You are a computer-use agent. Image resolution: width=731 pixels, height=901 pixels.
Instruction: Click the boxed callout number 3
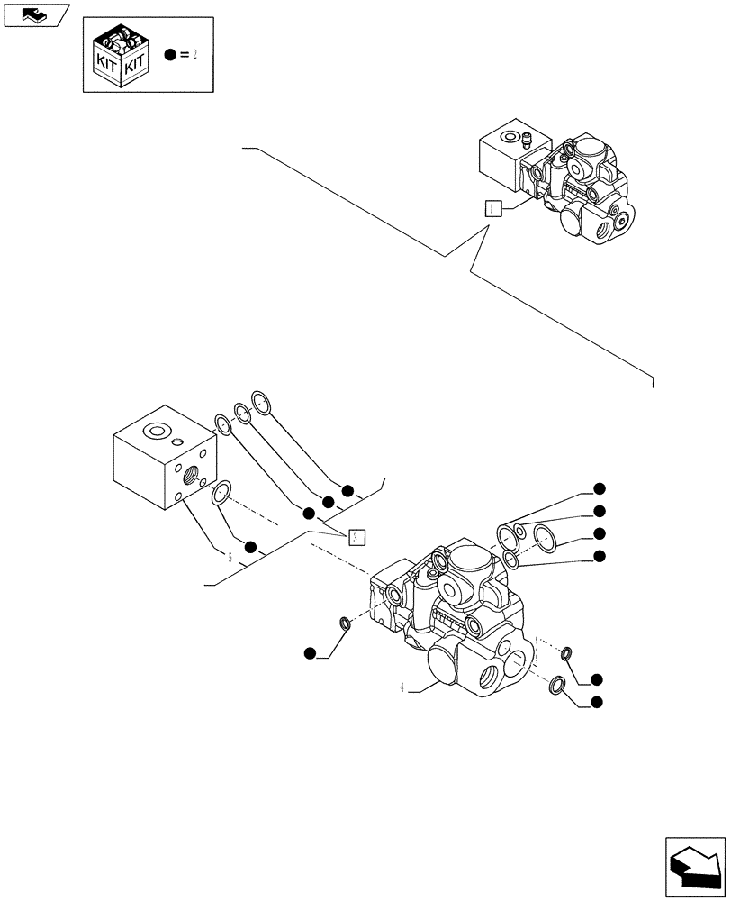pyautogui.click(x=356, y=537)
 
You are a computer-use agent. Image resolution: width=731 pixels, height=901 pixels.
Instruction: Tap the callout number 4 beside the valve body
pyautogui.click(x=400, y=687)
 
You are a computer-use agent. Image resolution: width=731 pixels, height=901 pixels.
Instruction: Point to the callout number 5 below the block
pyautogui.click(x=230, y=558)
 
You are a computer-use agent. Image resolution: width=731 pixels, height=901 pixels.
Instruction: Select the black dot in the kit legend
pyautogui.click(x=170, y=55)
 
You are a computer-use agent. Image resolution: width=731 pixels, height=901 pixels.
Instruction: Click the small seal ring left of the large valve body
pyautogui.click(x=343, y=623)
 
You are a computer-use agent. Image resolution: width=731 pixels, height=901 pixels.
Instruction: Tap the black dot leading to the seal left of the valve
pyautogui.click(x=310, y=652)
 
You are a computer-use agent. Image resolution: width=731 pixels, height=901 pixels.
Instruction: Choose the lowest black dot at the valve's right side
pyautogui.click(x=596, y=702)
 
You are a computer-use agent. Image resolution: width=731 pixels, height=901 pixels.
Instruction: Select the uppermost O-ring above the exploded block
pyautogui.click(x=262, y=403)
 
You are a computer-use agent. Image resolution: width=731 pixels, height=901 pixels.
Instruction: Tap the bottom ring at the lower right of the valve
pyautogui.click(x=558, y=687)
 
